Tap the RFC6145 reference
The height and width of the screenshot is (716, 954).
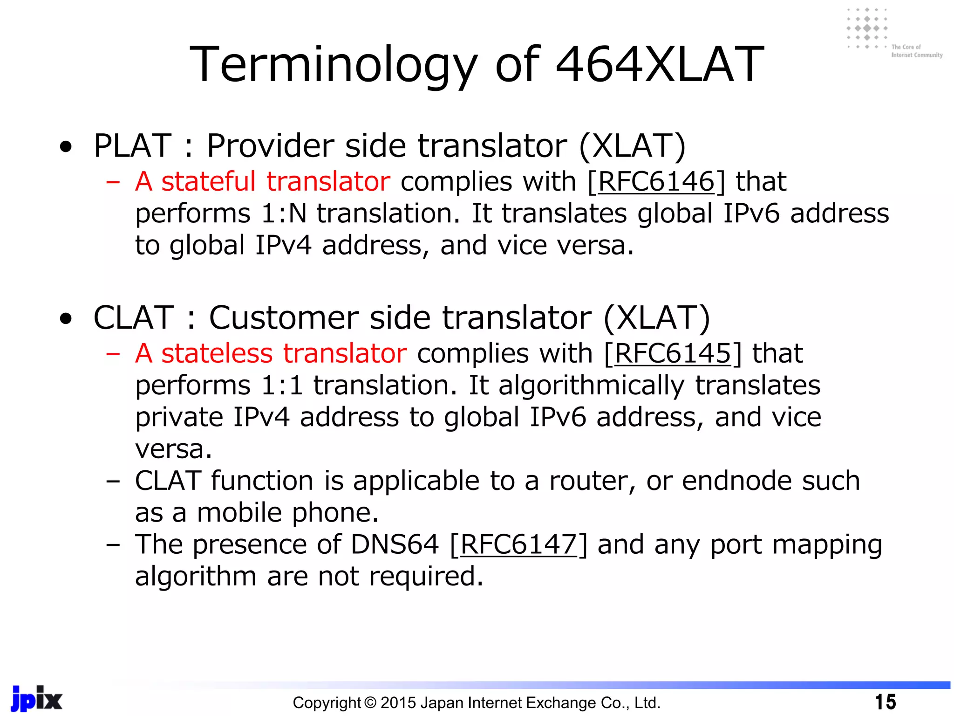click(672, 353)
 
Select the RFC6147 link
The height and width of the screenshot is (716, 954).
click(518, 544)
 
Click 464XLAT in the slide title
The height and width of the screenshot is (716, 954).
click(660, 65)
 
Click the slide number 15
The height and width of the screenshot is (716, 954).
click(885, 702)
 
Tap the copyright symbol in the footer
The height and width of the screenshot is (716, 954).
click(370, 702)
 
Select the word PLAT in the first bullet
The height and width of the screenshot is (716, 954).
click(133, 146)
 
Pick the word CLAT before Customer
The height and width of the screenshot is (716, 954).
click(134, 318)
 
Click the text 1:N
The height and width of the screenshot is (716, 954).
click(284, 213)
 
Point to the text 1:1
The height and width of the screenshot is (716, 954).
click(282, 386)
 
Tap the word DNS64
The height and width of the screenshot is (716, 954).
click(395, 544)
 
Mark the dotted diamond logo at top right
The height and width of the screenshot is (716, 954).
click(867, 28)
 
